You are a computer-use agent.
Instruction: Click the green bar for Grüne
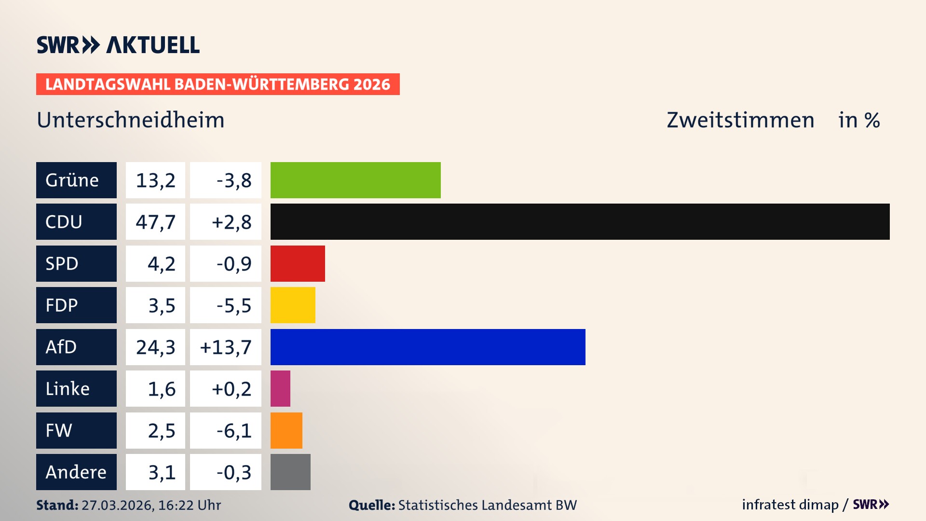click(x=355, y=180)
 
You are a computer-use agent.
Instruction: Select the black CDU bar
click(x=580, y=222)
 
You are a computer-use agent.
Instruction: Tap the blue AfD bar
click(x=428, y=347)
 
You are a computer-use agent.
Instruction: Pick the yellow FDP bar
click(x=293, y=305)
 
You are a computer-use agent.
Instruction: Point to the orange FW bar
click(x=286, y=430)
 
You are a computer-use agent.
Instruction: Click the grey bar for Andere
click(x=290, y=472)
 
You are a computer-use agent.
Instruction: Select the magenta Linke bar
click(x=280, y=389)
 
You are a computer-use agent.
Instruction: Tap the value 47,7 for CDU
click(x=155, y=222)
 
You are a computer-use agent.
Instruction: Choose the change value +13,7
click(x=226, y=347)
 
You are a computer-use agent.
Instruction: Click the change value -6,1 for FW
click(x=234, y=430)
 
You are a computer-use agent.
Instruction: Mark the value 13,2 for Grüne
click(x=155, y=180)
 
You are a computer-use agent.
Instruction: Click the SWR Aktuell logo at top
click(x=118, y=45)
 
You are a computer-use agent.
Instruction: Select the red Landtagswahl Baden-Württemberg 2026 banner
click(x=218, y=84)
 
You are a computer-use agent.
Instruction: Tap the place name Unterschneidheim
click(x=131, y=120)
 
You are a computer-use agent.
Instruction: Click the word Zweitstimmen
click(x=740, y=120)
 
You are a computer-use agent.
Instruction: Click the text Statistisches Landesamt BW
click(x=487, y=505)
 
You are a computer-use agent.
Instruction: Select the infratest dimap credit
click(x=790, y=505)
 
